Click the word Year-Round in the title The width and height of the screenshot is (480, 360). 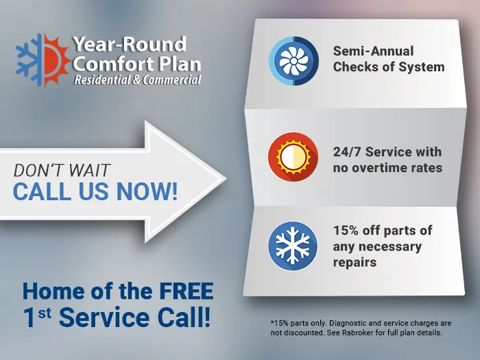(x=130, y=45)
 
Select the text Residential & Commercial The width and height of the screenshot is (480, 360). (x=138, y=80)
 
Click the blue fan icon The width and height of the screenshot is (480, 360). (x=293, y=61)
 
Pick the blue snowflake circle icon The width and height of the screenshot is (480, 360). (x=293, y=246)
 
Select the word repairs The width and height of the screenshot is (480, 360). (x=355, y=262)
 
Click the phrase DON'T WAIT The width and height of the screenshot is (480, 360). (x=62, y=170)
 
